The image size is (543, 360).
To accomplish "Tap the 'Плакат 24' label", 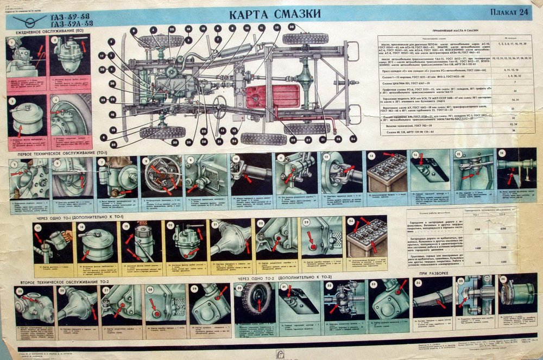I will point(508,11).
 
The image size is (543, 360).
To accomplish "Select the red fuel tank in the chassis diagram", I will point(265,96).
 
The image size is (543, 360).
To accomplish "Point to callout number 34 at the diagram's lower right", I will point(353,138).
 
